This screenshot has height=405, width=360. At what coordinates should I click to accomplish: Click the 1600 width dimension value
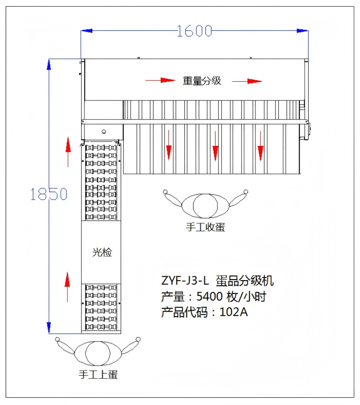click(x=194, y=31)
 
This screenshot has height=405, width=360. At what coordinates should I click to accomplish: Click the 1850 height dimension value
click(x=48, y=194)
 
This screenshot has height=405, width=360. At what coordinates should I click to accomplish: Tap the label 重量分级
click(x=202, y=81)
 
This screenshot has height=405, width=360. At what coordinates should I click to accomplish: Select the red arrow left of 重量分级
click(x=160, y=80)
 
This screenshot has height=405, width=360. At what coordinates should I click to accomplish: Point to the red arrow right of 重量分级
click(x=247, y=81)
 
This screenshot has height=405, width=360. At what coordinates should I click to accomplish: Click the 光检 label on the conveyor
click(x=102, y=252)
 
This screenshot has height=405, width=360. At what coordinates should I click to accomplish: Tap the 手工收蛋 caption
click(x=205, y=227)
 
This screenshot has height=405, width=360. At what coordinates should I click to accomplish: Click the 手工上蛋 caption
click(x=98, y=375)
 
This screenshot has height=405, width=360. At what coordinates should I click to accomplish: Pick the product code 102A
click(x=233, y=312)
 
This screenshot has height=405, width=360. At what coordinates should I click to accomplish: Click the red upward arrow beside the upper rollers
click(x=68, y=150)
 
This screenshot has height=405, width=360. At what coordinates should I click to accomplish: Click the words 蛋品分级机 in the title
click(x=245, y=281)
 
